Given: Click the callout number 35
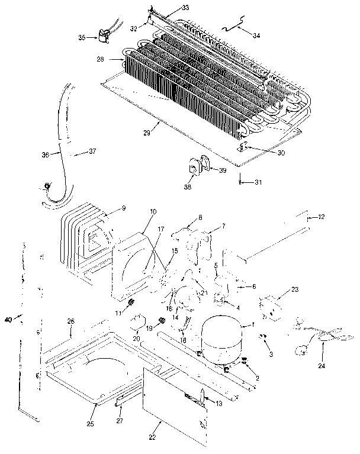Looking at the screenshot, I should click(82, 37).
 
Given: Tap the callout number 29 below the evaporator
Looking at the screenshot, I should click(147, 133).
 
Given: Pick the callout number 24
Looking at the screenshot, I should click(322, 365).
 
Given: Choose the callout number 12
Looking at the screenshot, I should click(322, 217).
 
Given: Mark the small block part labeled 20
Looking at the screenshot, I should click(140, 323).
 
